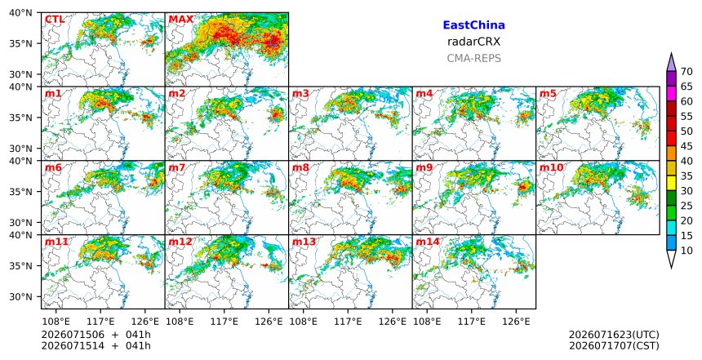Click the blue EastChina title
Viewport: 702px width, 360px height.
pyautogui.click(x=473, y=25)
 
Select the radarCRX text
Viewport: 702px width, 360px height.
pyautogui.click(x=473, y=42)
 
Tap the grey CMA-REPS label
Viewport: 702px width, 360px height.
pyautogui.click(x=473, y=58)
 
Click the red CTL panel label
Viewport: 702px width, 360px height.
pyautogui.click(x=55, y=20)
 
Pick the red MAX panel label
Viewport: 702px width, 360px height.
pyautogui.click(x=181, y=20)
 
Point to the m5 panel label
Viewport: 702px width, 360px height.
pyautogui.click(x=548, y=94)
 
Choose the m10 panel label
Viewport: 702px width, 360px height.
pyautogui.click(x=551, y=167)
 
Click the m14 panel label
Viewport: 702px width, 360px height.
pyautogui.click(x=428, y=242)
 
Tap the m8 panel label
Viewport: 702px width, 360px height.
pyautogui.click(x=300, y=167)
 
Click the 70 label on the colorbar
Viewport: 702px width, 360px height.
pyautogui.click(x=686, y=72)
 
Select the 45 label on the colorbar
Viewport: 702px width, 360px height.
pyautogui.click(x=686, y=146)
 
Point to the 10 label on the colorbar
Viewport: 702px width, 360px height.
pyautogui.click(x=686, y=251)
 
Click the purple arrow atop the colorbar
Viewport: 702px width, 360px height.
pyautogui.click(x=671, y=62)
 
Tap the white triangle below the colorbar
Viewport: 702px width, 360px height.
pyautogui.click(x=671, y=260)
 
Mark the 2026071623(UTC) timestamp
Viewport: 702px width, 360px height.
pyautogui.click(x=614, y=335)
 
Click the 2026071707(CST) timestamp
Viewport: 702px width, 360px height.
pyautogui.click(x=614, y=346)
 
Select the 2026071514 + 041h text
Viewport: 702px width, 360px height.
pyautogui.click(x=96, y=346)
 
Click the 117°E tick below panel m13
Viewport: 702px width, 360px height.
pyautogui.click(x=348, y=322)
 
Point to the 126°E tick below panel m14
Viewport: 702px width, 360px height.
pyautogui.click(x=516, y=322)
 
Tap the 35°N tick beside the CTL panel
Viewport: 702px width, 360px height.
pyautogui.click(x=20, y=43)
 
